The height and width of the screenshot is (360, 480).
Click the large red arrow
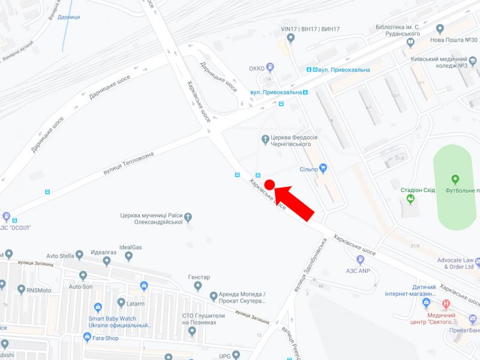295,202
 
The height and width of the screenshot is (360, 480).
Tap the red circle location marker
269,184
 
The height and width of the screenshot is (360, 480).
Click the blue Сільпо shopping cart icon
323,168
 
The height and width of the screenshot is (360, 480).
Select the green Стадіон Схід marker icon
410,199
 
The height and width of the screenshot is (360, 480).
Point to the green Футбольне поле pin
455,179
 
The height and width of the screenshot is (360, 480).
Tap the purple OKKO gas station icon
271,68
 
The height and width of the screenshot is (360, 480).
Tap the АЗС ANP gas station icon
360,260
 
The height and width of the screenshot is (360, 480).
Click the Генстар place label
199,277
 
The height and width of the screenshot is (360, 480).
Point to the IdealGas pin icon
128,257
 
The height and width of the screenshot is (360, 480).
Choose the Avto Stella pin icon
80,256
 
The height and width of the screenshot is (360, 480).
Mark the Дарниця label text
69,17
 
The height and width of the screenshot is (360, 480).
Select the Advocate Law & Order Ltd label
447,263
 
